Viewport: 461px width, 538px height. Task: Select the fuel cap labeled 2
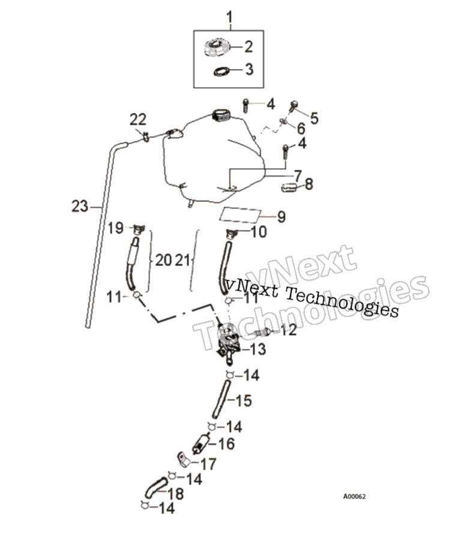(215, 47)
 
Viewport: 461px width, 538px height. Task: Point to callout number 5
(314, 118)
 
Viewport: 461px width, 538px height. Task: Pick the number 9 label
(282, 217)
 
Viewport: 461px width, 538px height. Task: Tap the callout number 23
(80, 207)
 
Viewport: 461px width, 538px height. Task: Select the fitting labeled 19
(139, 229)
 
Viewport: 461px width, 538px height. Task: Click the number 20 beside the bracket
(163, 260)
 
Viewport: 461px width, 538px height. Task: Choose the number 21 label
(182, 261)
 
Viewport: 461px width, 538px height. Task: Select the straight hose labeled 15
(221, 399)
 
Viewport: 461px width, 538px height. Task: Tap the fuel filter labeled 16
(200, 444)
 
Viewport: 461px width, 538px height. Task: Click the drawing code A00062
(354, 497)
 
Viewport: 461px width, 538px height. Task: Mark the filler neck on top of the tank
(221, 115)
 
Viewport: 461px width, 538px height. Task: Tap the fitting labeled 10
(232, 234)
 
